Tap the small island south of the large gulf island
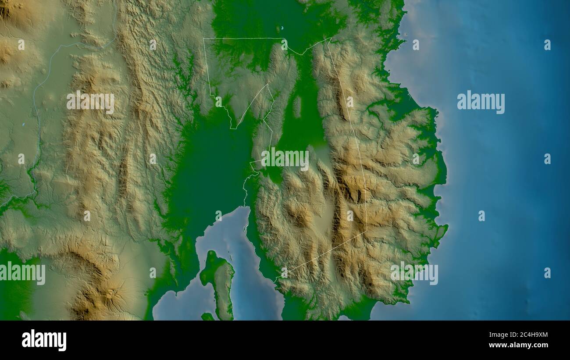[x=207, y=316]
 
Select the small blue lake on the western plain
[x=23, y=125]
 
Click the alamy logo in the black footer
[x=44, y=340]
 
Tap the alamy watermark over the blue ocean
[x=481, y=102]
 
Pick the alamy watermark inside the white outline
[x=285, y=159]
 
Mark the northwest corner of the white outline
[x=203, y=39]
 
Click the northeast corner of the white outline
[x=330, y=39]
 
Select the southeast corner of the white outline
[x=367, y=232]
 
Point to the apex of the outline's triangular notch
[x=267, y=84]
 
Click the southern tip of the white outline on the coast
[x=274, y=281]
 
